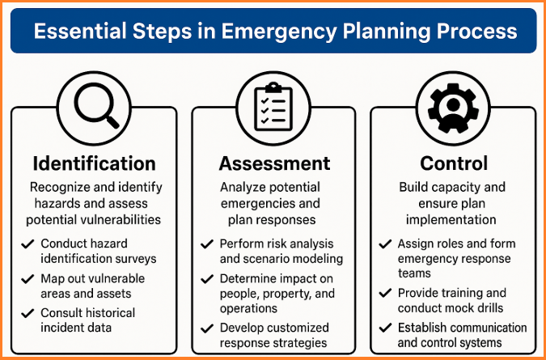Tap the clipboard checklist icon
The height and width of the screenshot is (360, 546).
tap(273, 107)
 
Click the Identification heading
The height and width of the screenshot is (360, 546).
tap(94, 163)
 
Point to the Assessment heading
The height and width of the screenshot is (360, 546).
tap(274, 163)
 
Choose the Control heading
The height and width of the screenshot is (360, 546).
tap(454, 163)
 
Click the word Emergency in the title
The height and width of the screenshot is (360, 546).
tap(277, 32)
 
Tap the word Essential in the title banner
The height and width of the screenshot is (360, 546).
tap(80, 31)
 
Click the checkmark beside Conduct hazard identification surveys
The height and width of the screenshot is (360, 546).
tap(28, 244)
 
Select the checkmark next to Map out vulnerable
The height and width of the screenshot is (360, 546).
tap(28, 279)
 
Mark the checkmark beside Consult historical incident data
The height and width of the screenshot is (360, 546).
tap(28, 313)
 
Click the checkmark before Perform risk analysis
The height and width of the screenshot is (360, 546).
tap(207, 244)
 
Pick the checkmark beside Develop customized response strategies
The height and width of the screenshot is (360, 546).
tap(207, 328)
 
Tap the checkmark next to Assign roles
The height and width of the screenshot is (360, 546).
tap(385, 244)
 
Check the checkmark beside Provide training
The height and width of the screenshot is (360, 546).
tap(385, 294)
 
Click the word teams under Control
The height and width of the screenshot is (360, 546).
tap(414, 273)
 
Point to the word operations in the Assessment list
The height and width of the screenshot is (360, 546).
tap(248, 308)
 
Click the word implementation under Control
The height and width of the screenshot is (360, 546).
tap(451, 220)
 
